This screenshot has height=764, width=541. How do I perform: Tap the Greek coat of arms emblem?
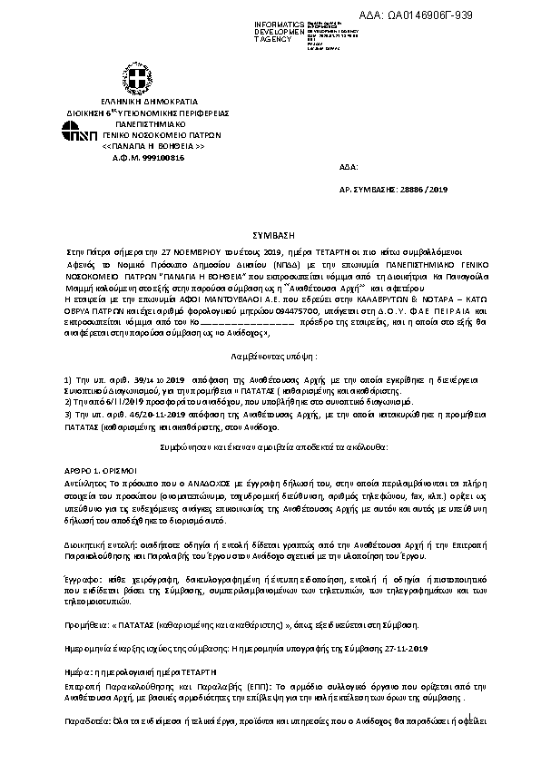(136, 78)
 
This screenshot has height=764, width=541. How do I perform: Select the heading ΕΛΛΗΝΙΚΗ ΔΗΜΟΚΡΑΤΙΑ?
(135, 102)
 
